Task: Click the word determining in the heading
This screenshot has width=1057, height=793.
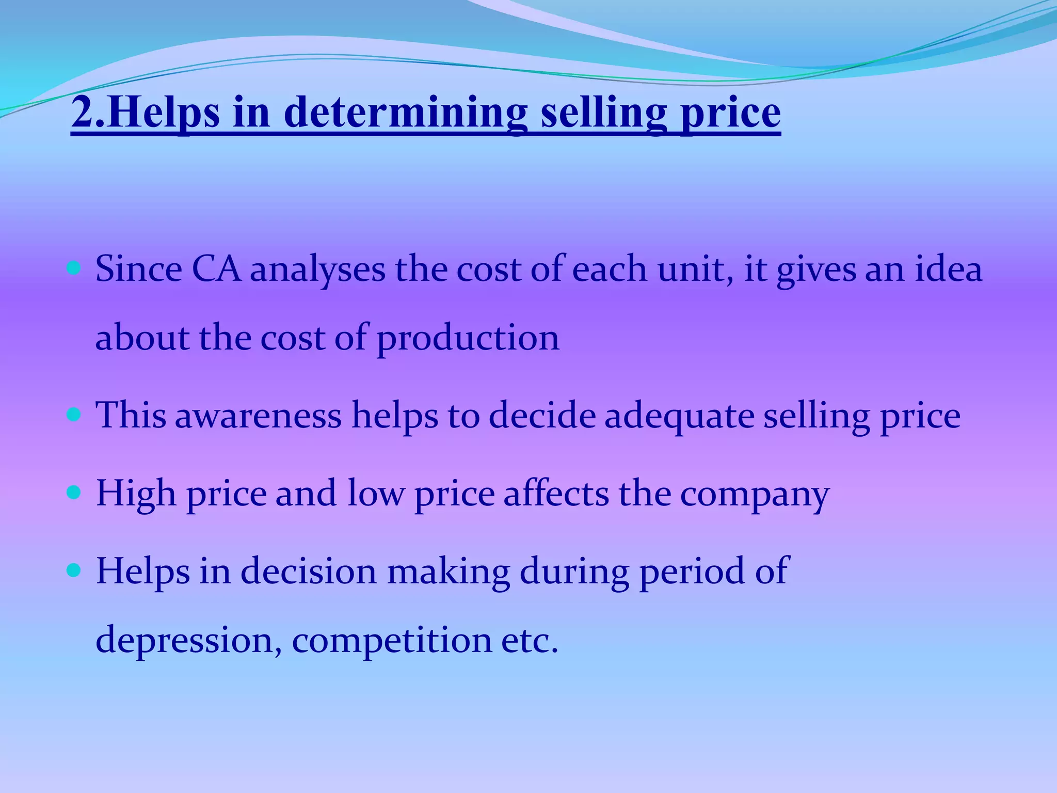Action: [405, 113]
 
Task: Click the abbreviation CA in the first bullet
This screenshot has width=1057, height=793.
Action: [216, 269]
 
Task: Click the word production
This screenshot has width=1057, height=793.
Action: [468, 339]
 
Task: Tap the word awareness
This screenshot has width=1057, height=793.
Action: [259, 416]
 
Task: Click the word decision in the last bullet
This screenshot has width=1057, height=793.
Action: [309, 571]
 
